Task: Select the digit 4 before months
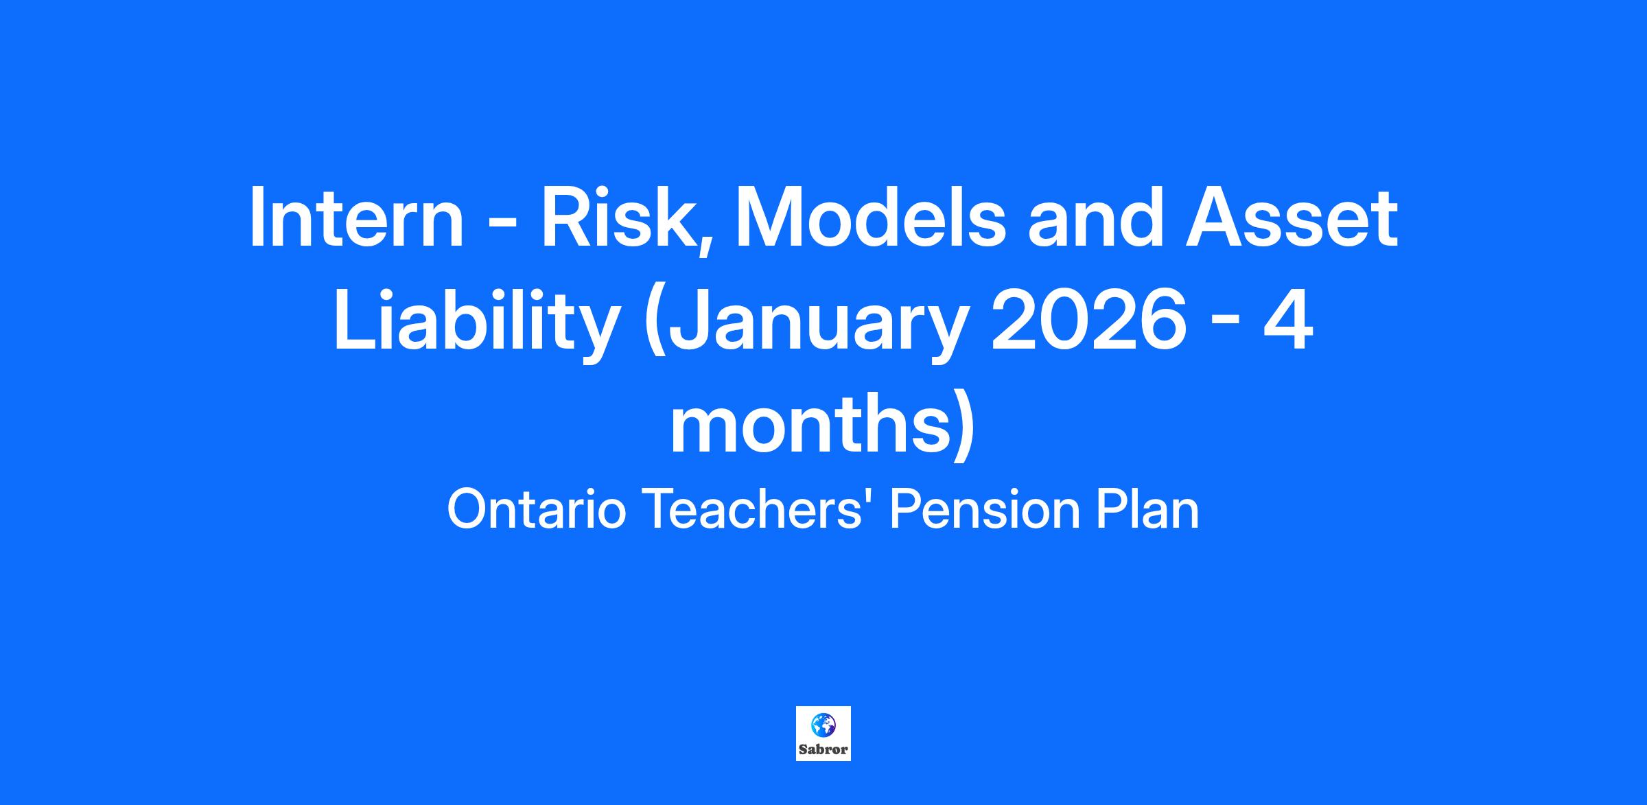point(1288,321)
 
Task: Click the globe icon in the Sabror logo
point(823,725)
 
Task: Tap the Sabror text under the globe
point(823,749)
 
